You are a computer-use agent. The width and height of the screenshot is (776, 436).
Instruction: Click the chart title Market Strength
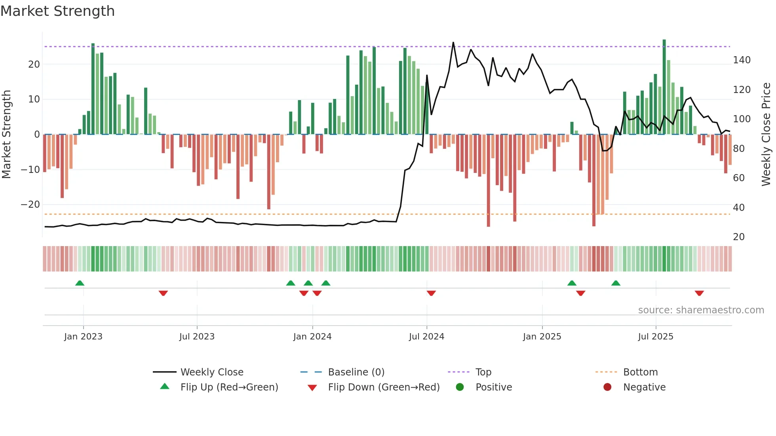point(57,11)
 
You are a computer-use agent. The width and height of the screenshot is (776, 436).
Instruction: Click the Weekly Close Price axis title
point(766,135)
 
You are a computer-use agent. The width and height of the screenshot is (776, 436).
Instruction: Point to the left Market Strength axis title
point(7,135)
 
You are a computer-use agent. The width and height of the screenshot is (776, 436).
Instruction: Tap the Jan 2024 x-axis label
point(312,337)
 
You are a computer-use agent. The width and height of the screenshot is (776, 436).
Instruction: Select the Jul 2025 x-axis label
point(655,337)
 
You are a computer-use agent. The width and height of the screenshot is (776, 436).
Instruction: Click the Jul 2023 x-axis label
point(197,337)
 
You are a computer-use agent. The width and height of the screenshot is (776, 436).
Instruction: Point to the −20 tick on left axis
point(30,205)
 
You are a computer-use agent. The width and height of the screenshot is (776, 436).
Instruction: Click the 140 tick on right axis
point(742,60)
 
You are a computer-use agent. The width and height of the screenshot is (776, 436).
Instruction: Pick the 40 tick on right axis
point(739,208)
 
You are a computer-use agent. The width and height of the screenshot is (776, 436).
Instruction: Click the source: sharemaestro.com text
point(701,310)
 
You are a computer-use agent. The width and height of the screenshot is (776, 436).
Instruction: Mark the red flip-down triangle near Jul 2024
point(431,293)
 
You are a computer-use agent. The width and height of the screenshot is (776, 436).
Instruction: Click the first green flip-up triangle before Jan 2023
point(80,283)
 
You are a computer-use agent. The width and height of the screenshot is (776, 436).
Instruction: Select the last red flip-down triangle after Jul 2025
point(699,293)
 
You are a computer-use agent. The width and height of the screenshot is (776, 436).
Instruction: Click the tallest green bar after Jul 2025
point(664,87)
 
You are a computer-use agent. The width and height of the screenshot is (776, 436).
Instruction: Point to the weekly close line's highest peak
point(453,42)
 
